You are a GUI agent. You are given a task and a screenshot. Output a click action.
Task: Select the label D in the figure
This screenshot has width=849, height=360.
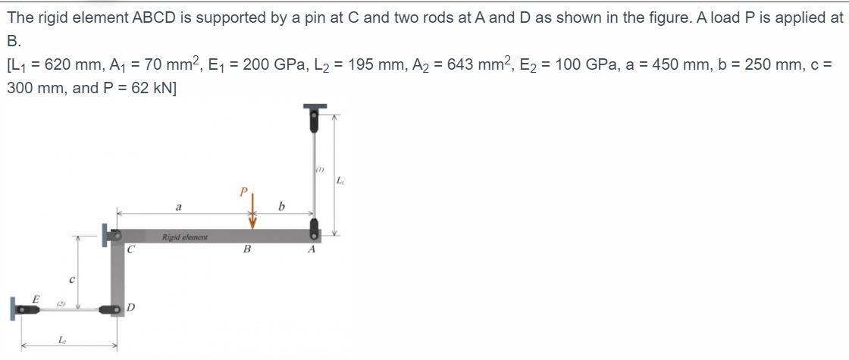coord(131,308)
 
